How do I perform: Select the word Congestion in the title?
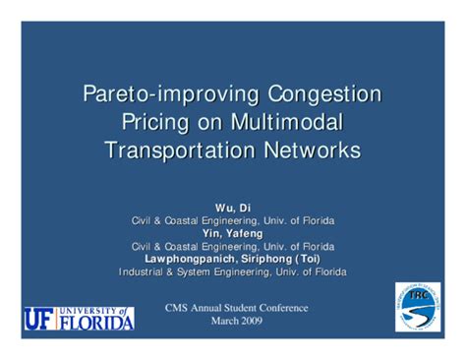click(x=320, y=95)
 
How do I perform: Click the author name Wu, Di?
click(x=232, y=208)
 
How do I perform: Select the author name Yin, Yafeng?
click(x=232, y=233)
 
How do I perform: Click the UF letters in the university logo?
click(x=39, y=319)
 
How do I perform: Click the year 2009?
click(x=249, y=322)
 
